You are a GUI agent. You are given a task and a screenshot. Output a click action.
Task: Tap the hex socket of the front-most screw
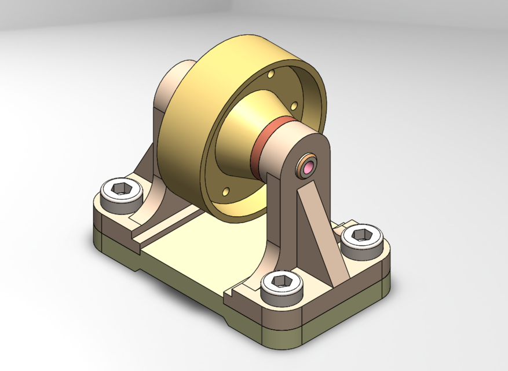click(x=283, y=281)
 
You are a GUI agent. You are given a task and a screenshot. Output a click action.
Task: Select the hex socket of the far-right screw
click(x=363, y=235)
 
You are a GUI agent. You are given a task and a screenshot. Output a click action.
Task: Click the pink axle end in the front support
click(x=308, y=168)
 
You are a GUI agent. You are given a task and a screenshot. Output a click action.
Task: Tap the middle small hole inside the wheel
click(x=294, y=106)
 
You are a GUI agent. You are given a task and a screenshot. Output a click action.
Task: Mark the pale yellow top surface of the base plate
click(x=191, y=255)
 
